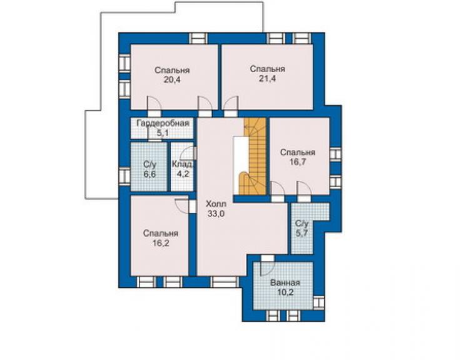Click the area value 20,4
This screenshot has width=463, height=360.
tap(172, 80)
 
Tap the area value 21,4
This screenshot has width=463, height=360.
tap(268, 79)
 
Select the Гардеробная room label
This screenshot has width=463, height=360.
tap(163, 123)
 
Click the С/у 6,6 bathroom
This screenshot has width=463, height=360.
tap(149, 167)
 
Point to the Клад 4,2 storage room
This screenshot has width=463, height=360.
tap(182, 167)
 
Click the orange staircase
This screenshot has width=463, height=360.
tap(255, 157)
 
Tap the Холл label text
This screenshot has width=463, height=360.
tap(216, 204)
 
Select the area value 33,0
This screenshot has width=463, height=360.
tap(216, 213)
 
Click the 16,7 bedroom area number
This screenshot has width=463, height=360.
tap(298, 162)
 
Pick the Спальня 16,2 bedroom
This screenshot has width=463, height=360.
tap(160, 235)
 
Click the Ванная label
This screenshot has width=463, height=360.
tap(285, 283)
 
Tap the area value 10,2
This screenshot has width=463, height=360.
tap(285, 292)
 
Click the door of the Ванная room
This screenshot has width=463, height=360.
tap(268, 265)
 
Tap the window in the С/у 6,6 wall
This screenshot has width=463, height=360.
tap(125, 176)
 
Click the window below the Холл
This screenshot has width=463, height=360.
tap(225, 282)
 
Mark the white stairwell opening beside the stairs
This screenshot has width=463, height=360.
tap(242, 166)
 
